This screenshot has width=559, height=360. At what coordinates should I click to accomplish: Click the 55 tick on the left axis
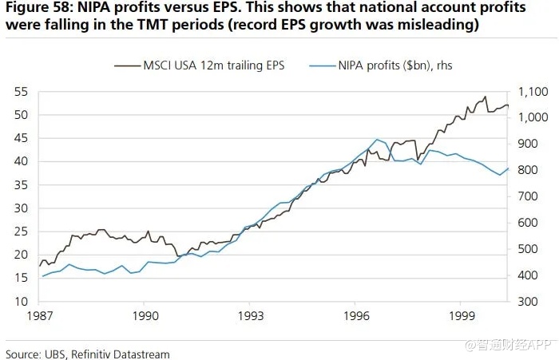click(21, 91)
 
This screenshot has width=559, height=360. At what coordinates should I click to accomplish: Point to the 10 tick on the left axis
click(21, 302)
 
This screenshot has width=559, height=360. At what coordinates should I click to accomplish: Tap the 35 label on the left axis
click(21, 185)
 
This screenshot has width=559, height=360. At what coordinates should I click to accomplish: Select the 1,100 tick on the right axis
click(535, 91)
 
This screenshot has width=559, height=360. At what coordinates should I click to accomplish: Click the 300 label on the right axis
click(531, 302)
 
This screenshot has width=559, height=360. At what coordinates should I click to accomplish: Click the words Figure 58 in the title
click(36, 9)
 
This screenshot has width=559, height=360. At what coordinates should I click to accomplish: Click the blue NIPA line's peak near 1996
click(377, 140)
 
